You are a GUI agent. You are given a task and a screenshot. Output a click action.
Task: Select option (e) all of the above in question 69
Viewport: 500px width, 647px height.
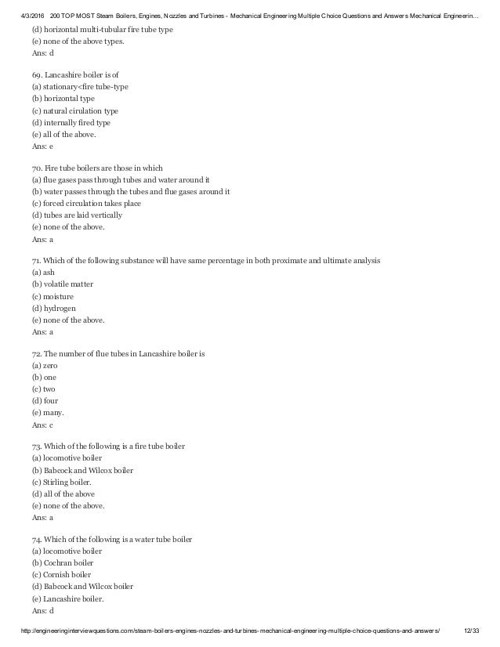click(66, 134)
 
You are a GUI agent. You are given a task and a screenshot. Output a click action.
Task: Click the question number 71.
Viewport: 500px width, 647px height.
click(38, 259)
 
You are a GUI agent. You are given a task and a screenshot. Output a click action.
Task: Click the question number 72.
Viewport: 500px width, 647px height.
click(38, 353)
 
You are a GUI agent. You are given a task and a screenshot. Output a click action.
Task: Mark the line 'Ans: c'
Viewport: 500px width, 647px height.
click(43, 425)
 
